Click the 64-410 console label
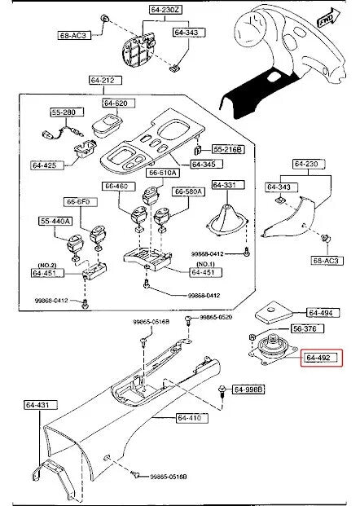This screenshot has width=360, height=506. point(189,419)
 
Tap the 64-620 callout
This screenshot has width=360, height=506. point(116,103)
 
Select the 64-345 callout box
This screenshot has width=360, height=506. point(204,165)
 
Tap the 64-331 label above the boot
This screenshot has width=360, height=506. point(224,185)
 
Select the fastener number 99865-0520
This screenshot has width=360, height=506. point(216,316)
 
